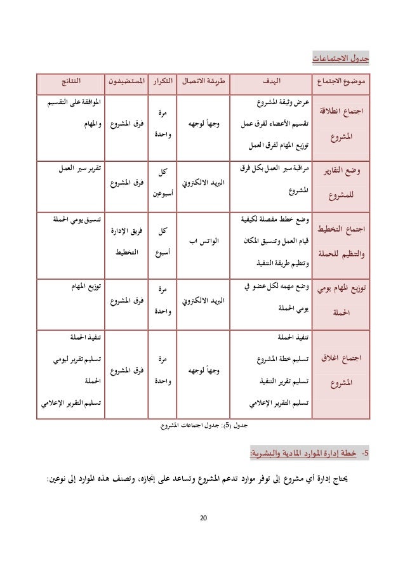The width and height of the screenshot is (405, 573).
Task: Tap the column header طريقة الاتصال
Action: (x=201, y=82)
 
